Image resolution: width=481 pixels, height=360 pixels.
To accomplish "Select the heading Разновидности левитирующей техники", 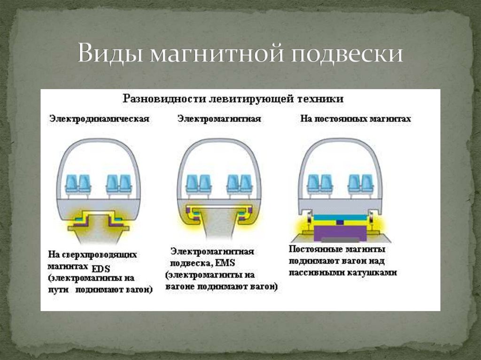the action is pyautogui.click(x=233, y=99).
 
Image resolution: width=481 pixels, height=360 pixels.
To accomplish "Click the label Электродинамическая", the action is pyautogui.click(x=99, y=119).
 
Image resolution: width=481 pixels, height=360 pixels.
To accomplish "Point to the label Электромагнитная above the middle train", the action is pyautogui.click(x=219, y=119).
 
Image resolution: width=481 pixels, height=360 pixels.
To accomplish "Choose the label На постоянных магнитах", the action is pyautogui.click(x=356, y=119).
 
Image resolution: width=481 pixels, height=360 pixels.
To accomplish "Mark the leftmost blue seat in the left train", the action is pyautogui.click(x=72, y=183).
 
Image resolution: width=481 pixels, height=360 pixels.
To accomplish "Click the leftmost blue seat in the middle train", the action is pyautogui.click(x=192, y=183).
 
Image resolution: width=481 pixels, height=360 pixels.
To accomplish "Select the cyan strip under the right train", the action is pyautogui.click(x=342, y=217).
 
